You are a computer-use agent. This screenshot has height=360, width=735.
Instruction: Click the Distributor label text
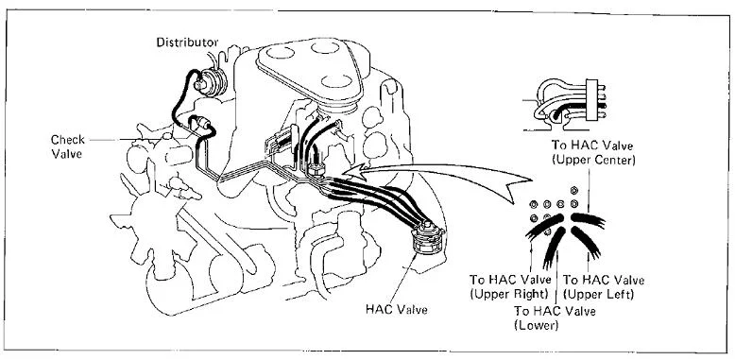(187, 43)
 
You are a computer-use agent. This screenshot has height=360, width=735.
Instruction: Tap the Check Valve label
(67, 146)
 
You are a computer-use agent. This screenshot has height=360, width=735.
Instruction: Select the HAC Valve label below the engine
(396, 309)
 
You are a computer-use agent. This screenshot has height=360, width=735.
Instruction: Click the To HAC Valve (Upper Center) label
(593, 152)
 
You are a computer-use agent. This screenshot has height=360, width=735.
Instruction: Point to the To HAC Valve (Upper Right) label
(510, 287)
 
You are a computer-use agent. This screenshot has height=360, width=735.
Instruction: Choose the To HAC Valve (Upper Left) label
(604, 287)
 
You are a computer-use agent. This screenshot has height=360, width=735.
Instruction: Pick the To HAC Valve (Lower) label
(555, 317)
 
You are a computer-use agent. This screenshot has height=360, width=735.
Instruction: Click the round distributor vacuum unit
(211, 81)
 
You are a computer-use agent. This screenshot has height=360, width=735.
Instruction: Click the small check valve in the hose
(204, 123)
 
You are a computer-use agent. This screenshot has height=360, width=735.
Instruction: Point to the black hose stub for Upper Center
(589, 220)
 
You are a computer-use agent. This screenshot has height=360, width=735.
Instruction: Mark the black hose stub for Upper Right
(546, 227)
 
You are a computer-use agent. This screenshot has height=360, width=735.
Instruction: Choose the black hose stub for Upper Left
(587, 242)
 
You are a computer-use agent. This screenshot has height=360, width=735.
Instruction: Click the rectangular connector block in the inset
(592, 100)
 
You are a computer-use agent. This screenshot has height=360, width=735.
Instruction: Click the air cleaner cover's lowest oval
(336, 81)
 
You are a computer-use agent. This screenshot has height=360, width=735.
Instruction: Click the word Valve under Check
(66, 153)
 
